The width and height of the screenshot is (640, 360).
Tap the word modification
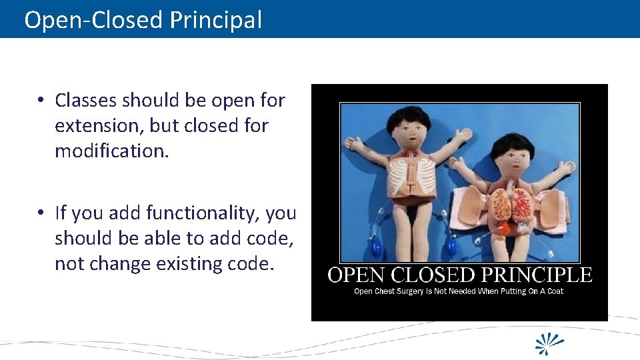coord(112,151)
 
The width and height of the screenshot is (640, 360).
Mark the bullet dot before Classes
coord(41,101)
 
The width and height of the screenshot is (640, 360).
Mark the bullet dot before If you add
coord(41,213)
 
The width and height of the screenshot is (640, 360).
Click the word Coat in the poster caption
coord(555,291)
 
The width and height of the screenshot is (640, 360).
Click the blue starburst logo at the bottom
coord(550,343)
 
